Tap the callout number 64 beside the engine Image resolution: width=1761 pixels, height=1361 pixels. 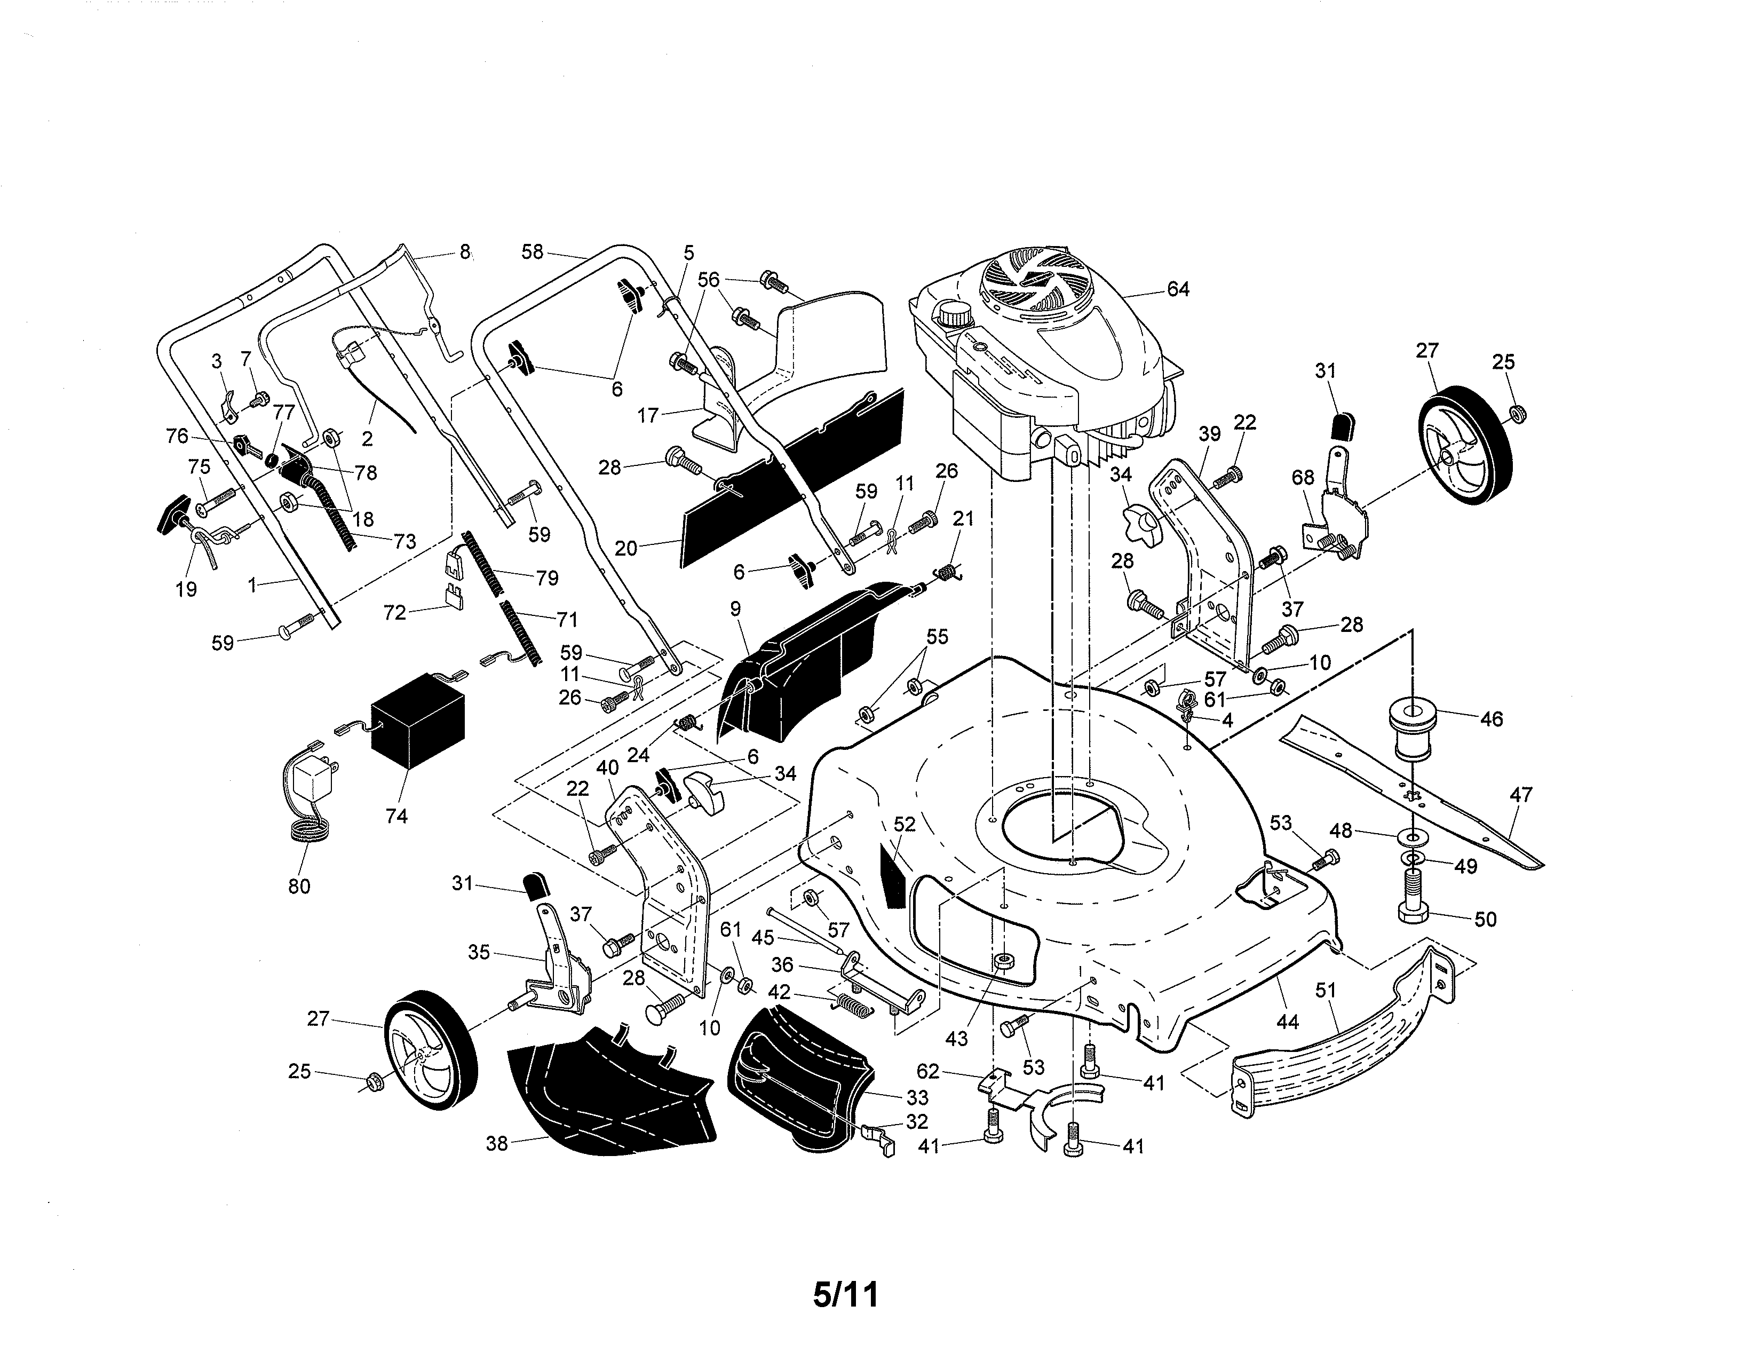[1178, 289]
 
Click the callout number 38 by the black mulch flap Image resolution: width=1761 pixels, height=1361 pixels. [497, 1143]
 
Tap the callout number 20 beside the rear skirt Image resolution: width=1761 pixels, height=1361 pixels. [626, 548]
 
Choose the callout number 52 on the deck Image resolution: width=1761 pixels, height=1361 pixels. [905, 824]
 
